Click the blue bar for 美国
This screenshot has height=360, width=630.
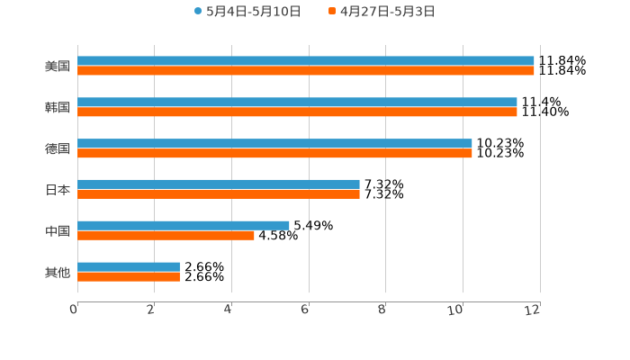[x=306, y=61]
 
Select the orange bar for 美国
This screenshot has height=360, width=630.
[x=306, y=71]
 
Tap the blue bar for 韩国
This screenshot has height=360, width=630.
[x=297, y=103]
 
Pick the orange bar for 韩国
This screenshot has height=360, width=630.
[x=297, y=112]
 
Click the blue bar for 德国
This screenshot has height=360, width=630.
[x=274, y=144]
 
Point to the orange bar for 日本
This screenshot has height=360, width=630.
[x=219, y=194]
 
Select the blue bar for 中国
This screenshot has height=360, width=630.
[x=184, y=225]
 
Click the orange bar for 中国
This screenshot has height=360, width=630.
[x=166, y=236]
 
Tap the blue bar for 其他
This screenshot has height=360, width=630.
[x=129, y=266]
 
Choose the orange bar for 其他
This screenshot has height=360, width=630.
[x=129, y=277]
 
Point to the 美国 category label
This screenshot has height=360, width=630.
[x=57, y=66]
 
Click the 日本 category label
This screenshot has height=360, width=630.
[x=57, y=190]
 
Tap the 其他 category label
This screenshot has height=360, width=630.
[x=57, y=272]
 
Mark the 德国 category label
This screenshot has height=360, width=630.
[x=57, y=148]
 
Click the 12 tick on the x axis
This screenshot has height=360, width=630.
[x=534, y=310]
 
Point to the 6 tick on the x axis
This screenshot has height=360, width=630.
[x=305, y=310]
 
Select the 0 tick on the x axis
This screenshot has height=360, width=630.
[x=74, y=310]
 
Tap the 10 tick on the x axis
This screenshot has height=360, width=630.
[x=457, y=310]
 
